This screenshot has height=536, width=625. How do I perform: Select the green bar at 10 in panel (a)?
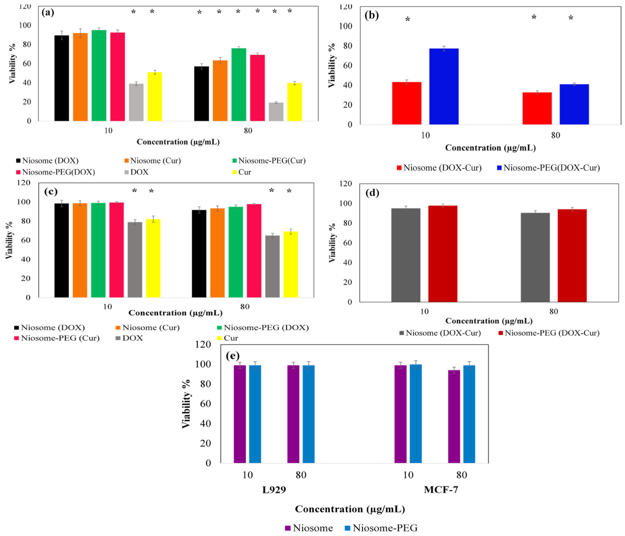click(x=99, y=75)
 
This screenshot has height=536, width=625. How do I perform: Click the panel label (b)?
click(x=371, y=15)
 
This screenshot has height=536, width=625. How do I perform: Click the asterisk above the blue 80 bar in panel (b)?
click(x=571, y=18)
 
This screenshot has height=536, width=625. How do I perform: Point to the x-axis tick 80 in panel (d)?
click(x=553, y=312)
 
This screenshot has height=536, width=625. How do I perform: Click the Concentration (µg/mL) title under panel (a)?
click(x=178, y=142)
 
